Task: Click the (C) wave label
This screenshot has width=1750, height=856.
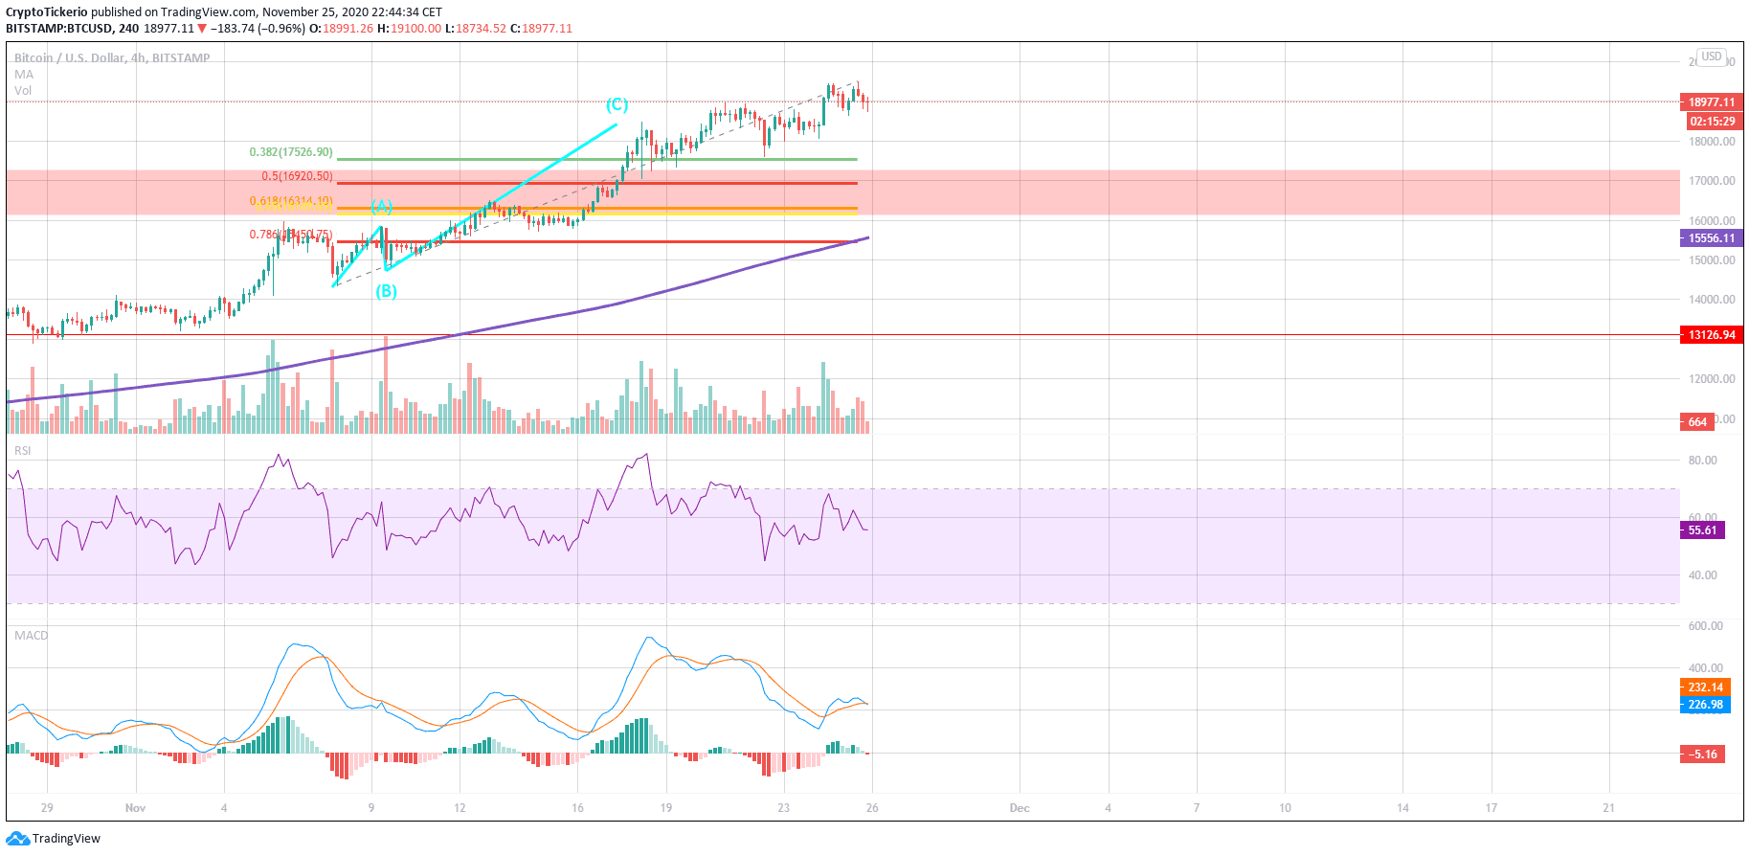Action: [617, 104]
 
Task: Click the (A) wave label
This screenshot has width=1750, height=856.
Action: [381, 207]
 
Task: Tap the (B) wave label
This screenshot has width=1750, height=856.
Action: [386, 291]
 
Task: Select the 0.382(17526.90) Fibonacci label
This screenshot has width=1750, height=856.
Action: [291, 152]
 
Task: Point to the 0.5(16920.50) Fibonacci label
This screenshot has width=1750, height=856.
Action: [297, 176]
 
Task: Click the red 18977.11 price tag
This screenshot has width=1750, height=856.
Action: [1711, 102]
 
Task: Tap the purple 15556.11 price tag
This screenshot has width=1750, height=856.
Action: [1711, 238]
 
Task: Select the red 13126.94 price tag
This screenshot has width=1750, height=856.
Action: [1711, 335]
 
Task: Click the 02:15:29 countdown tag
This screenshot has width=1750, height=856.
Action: [1712, 122]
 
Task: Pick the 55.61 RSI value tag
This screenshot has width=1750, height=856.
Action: [1702, 530]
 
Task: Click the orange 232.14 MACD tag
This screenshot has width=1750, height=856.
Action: [1705, 687]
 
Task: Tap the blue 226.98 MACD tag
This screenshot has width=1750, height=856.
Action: [1705, 705]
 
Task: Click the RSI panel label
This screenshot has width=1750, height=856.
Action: [22, 451]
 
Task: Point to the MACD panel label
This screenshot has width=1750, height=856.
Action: [31, 636]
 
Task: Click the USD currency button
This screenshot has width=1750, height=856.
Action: [1711, 56]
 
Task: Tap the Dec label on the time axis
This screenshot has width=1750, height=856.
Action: [1020, 808]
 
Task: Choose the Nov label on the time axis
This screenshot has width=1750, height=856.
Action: [135, 808]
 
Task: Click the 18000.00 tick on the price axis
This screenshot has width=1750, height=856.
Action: [1712, 142]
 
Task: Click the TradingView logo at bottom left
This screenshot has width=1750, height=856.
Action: [54, 839]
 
